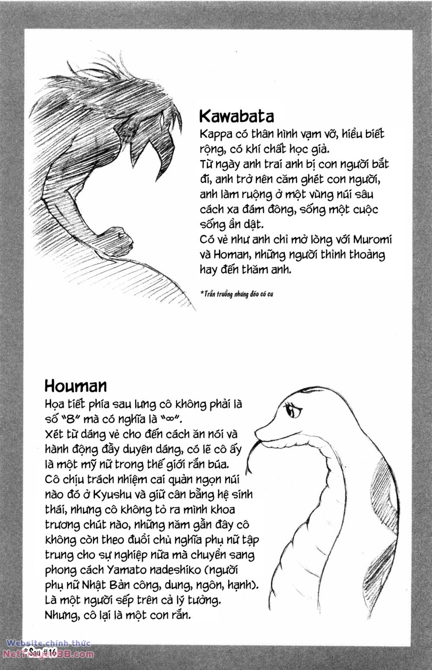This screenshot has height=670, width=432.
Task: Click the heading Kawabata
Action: [x=236, y=116]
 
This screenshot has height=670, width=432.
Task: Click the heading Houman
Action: [x=76, y=385]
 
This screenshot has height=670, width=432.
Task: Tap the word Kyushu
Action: [x=125, y=494]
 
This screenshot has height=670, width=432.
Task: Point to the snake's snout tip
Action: [x=258, y=432]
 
